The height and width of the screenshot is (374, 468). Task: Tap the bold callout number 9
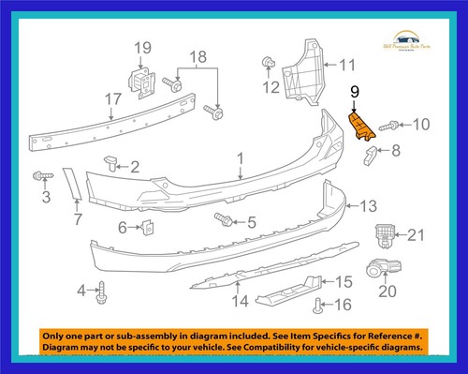pyautogui.click(x=354, y=92)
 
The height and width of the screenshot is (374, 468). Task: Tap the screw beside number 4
pyautogui.click(x=101, y=291)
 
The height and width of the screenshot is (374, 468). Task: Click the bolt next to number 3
pyautogui.click(x=42, y=174)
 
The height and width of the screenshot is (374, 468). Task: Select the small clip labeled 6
pyautogui.click(x=148, y=226)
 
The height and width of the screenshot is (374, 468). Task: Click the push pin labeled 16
pyautogui.click(x=319, y=302)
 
